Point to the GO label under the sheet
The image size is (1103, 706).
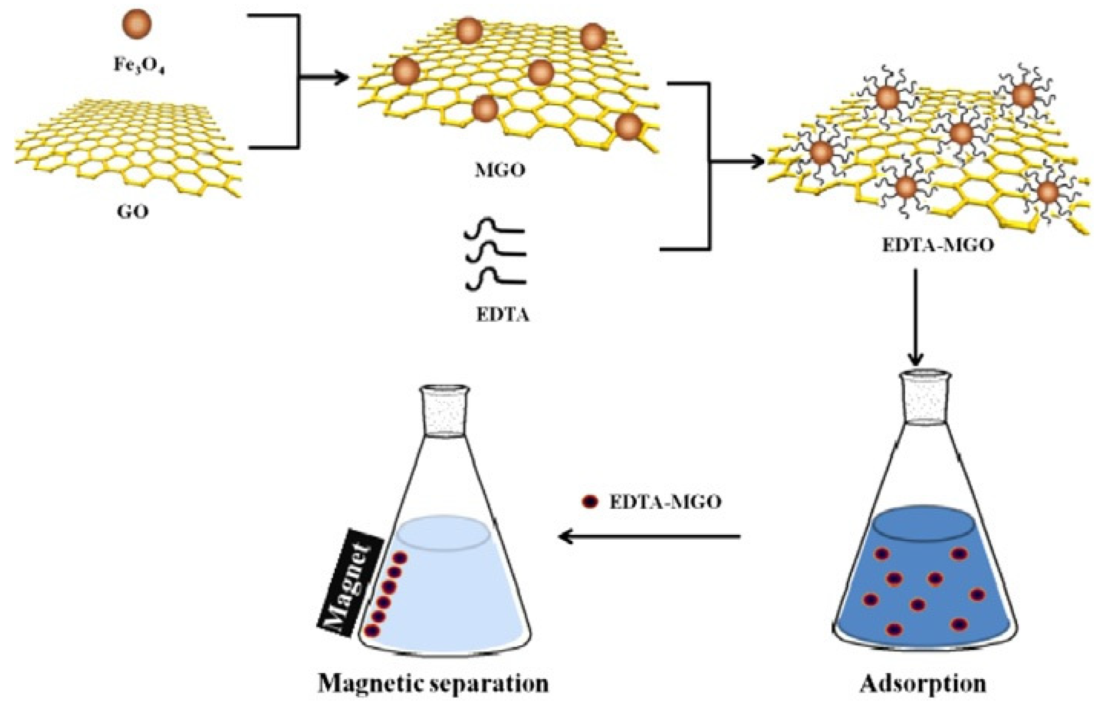(133, 212)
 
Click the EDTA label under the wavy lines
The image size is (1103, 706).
(503, 316)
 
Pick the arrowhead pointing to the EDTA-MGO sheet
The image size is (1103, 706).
(757, 162)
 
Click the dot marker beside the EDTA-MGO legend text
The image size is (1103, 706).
(591, 502)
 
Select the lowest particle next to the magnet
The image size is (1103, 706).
(372, 631)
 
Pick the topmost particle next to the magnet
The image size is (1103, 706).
(400, 558)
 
